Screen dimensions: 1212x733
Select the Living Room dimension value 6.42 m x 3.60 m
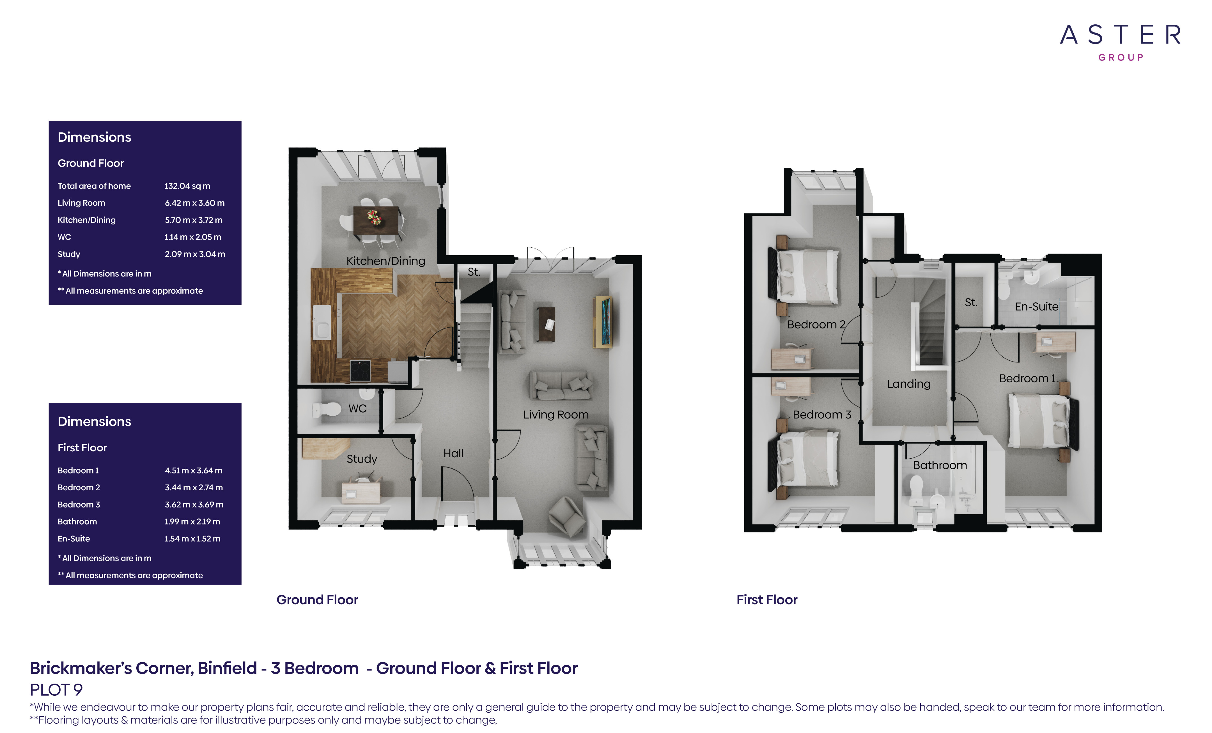195,203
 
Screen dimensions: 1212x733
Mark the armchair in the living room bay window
567,516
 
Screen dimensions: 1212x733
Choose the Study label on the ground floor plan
362,459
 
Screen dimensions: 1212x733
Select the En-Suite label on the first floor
1036,307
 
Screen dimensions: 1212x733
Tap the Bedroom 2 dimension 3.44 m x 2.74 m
194,488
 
